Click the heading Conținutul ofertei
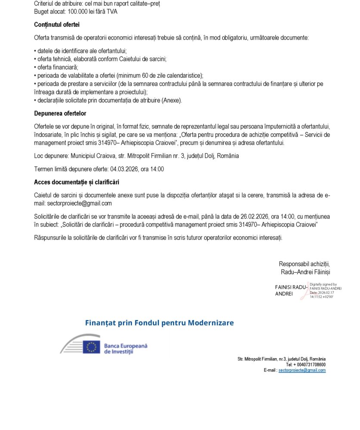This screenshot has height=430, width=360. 57,25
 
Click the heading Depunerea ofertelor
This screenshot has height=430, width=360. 60,114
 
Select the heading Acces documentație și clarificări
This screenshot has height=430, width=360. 77,182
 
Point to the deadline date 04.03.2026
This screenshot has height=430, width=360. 124,169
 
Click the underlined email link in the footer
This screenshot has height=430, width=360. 302,370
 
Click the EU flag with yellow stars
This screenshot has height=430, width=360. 91,347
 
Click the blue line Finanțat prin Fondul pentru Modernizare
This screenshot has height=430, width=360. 160,323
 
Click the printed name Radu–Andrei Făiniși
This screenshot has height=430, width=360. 305,272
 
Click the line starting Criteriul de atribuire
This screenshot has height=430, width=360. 97,3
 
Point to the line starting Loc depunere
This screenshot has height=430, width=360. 136,156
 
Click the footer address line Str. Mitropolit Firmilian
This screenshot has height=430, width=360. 281,359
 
